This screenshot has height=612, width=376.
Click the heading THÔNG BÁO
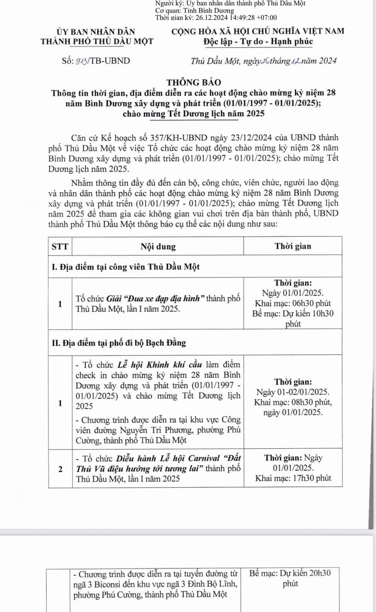[194, 82]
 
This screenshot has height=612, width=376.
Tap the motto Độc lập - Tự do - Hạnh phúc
[258, 42]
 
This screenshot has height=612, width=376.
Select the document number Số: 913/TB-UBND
[96, 61]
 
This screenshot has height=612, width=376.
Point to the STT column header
[60, 246]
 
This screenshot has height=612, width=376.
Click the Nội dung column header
[158, 246]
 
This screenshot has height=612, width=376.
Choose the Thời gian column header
[292, 246]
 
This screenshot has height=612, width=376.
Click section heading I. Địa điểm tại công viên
[125, 267]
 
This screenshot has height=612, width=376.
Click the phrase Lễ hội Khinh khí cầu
[160, 365]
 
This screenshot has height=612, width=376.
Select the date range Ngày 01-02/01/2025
[293, 392]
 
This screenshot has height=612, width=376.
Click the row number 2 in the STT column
[60, 469]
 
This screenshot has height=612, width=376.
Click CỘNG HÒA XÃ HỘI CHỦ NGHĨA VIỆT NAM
[258, 31]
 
